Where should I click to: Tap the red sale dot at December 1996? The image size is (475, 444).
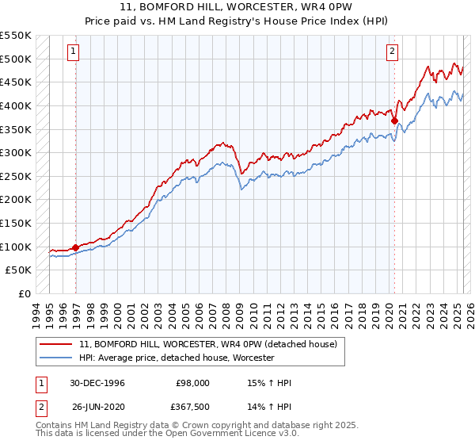[76, 247]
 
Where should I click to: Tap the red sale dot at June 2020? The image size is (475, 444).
[394, 121]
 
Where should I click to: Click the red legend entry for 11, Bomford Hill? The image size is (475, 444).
[207, 344]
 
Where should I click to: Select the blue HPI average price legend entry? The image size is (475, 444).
[176, 358]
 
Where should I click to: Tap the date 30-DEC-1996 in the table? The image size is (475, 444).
[97, 383]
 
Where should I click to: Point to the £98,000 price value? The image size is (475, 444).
[193, 383]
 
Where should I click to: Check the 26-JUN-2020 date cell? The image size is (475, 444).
[97, 408]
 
